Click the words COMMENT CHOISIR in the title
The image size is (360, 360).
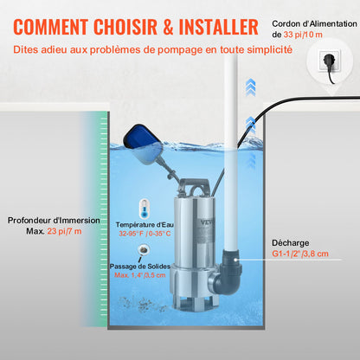tap(82, 25)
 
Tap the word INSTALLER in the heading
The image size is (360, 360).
tap(212, 25)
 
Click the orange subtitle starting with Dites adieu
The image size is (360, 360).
tap(152, 50)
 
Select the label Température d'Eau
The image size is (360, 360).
tap(143, 223)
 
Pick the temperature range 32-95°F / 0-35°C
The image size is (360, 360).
tap(143, 233)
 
